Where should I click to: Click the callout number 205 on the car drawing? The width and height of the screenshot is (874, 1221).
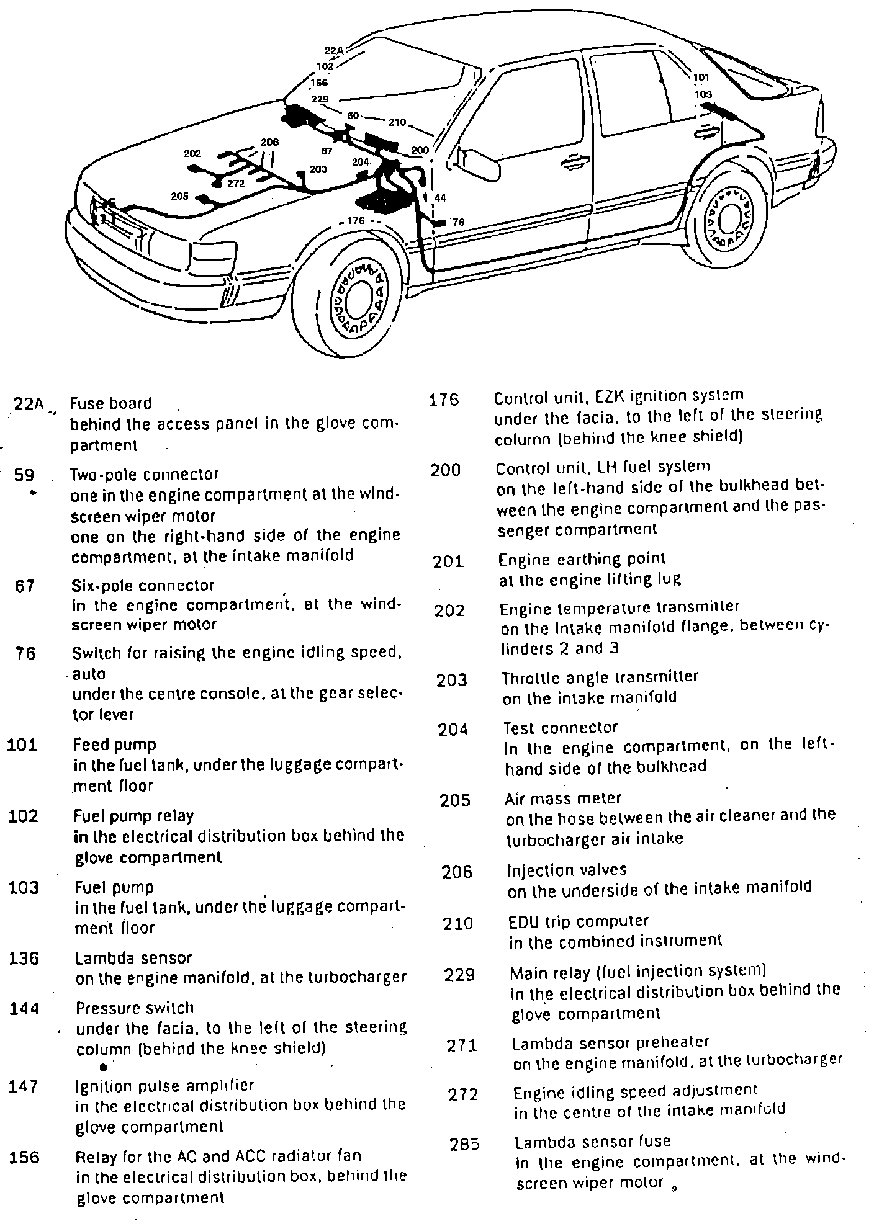(x=179, y=196)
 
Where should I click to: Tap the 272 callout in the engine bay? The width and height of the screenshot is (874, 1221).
(x=236, y=183)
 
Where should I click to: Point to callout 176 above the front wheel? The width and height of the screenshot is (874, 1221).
(x=355, y=220)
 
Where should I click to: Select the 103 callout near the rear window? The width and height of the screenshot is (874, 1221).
(x=703, y=95)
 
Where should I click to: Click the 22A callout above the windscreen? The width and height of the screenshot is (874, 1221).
(x=334, y=51)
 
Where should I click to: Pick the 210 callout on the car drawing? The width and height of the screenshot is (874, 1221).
(x=397, y=122)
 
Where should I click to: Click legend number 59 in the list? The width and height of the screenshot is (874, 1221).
(x=24, y=475)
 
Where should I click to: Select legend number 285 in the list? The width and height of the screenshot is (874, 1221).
(x=464, y=1145)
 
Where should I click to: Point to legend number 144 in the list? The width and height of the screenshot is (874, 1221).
(x=24, y=1009)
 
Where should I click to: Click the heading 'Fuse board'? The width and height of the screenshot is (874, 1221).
(x=110, y=404)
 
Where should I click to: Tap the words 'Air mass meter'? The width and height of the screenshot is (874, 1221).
(x=563, y=798)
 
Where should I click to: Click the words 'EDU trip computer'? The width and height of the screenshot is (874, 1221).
(x=579, y=921)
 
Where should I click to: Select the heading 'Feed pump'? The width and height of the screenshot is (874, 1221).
(x=115, y=745)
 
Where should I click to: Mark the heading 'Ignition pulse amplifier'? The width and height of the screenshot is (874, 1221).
(x=164, y=1086)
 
